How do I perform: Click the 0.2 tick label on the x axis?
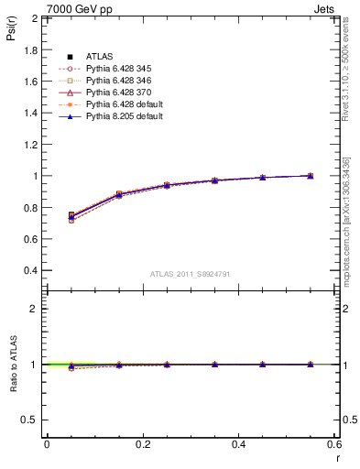(142, 444)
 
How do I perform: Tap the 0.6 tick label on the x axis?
(334, 444)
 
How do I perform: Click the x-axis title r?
(336, 457)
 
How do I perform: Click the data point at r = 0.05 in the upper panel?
(71, 216)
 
